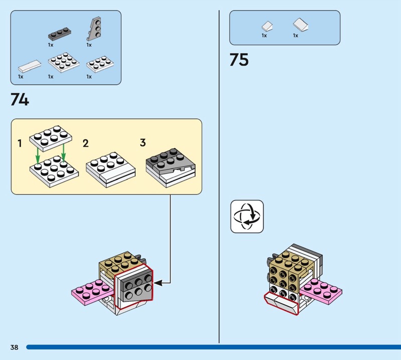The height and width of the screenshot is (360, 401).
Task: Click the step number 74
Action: tap(20, 99)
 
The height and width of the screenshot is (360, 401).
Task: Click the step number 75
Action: tap(239, 60)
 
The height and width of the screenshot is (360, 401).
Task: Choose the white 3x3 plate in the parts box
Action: tap(64, 63)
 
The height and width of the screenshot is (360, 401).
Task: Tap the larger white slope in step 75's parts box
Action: tap(301, 25)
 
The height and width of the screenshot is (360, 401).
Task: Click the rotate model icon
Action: tap(247, 217)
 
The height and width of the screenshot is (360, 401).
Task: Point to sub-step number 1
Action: tap(20, 144)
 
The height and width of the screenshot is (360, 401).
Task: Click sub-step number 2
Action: tap(85, 144)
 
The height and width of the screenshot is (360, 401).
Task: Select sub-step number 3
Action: tap(142, 143)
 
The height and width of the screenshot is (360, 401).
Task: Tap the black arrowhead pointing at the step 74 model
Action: tap(157, 283)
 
